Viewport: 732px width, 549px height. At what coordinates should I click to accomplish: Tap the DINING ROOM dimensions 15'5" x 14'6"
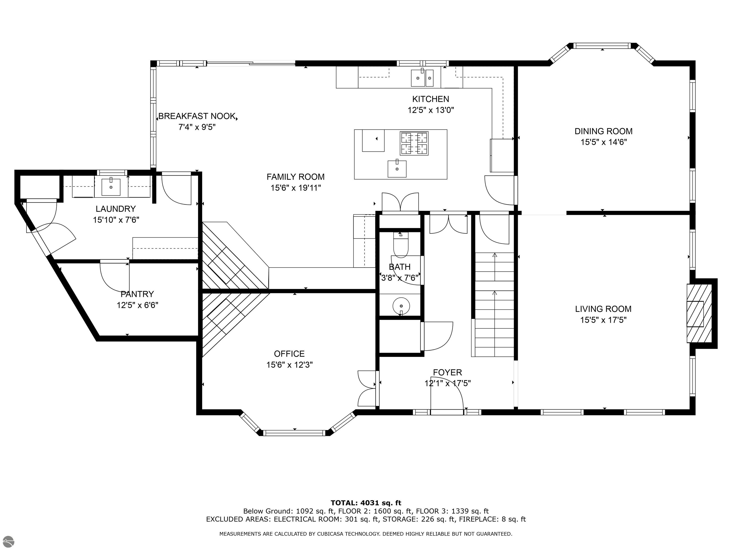tap(603, 142)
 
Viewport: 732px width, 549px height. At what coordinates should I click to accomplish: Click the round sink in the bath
tap(401, 305)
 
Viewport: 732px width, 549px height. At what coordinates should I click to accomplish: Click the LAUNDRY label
tap(116, 209)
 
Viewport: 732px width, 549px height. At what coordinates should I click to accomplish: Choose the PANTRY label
tap(137, 294)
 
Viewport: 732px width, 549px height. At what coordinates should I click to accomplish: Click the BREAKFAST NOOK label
tap(197, 116)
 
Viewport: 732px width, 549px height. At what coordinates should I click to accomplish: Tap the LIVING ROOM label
tap(603, 309)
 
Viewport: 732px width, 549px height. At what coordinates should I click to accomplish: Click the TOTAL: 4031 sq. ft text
tap(366, 503)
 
